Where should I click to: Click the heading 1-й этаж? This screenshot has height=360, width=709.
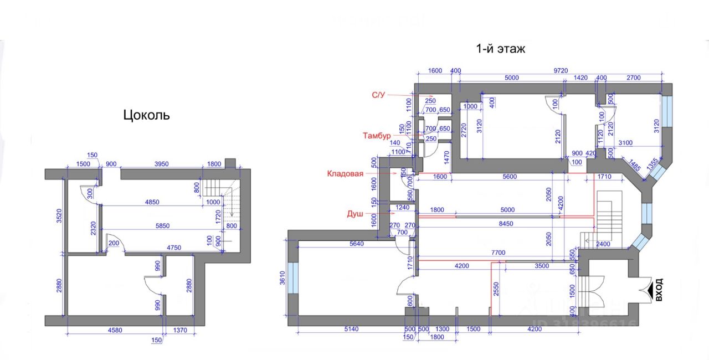pyautogui.click(x=501, y=49)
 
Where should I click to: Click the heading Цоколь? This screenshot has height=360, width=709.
pyautogui.click(x=146, y=115)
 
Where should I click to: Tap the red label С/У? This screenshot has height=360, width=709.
pyautogui.click(x=378, y=95)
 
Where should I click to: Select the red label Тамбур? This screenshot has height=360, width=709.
pyautogui.click(x=377, y=136)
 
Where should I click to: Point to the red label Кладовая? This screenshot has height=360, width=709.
pyautogui.click(x=345, y=173)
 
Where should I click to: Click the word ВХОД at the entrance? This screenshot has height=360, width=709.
pyautogui.click(x=659, y=290)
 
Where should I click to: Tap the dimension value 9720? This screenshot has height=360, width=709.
pyautogui.click(x=561, y=70)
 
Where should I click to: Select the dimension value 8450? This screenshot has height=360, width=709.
pyautogui.click(x=506, y=224)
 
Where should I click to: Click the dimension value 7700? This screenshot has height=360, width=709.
pyautogui.click(x=497, y=253)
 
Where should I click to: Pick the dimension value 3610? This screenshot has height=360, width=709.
pyautogui.click(x=281, y=277)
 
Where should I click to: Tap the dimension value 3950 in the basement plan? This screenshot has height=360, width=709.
pyautogui.click(x=161, y=164)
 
